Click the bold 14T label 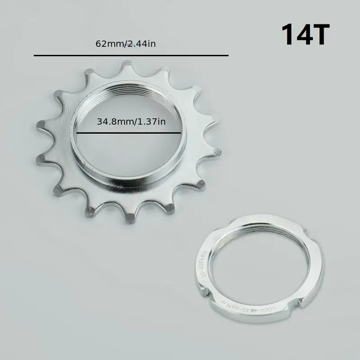[x=306, y=35]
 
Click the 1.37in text [x=150, y=121]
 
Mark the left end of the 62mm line [x=35, y=55]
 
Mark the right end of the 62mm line [x=228, y=55]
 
